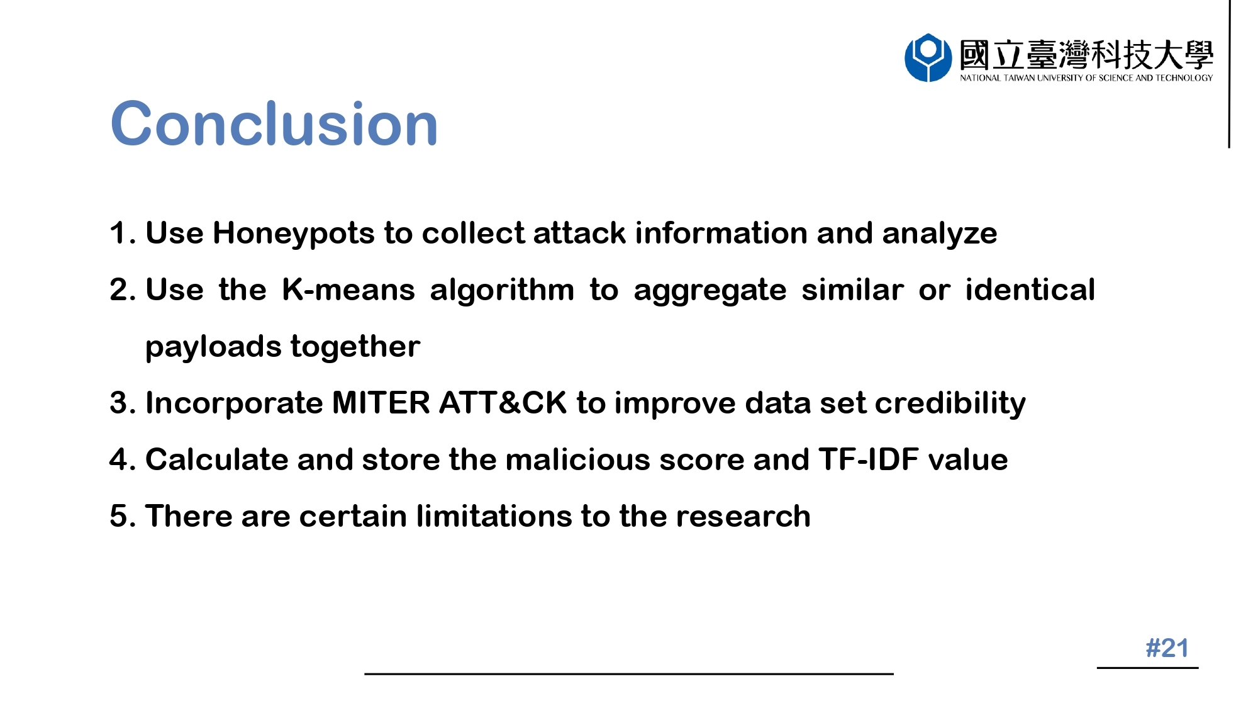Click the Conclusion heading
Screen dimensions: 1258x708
pos(274,124)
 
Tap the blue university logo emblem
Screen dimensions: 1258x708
pos(928,58)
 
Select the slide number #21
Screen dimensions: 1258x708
pos(1167,648)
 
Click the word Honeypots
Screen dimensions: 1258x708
pos(294,234)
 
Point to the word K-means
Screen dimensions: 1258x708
pos(348,289)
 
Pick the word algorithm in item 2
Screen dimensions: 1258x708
pos(502,291)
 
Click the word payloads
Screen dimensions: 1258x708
pos(213,347)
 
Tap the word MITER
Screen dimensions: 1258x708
pos(381,403)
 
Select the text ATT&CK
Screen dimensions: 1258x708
pos(503,403)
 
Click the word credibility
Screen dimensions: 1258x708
pos(950,404)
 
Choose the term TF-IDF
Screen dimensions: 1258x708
pos(869,459)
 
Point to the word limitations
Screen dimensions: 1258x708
pos(494,516)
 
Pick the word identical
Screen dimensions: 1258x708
pos(1030,289)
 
